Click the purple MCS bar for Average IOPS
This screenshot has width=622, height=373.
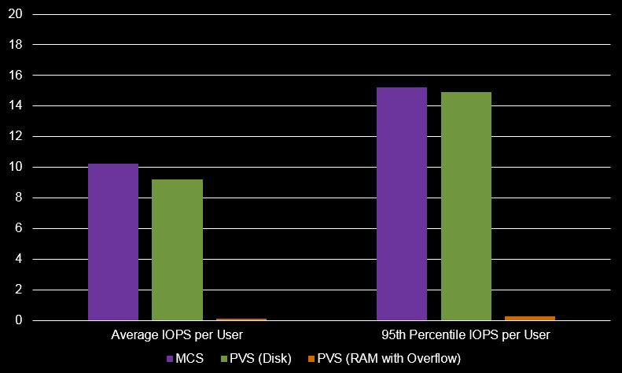coord(113,242)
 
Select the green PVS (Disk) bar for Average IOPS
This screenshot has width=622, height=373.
coord(177,249)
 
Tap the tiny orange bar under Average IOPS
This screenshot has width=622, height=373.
coord(241,319)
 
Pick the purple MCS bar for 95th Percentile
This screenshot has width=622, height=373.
coord(402,204)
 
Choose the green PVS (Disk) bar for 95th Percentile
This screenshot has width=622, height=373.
coord(466,206)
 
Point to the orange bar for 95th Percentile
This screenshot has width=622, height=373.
coord(530,318)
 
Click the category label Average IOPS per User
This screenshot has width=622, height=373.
coord(177,335)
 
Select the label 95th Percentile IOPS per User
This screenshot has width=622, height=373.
coord(466,335)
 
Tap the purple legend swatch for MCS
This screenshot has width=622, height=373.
coord(170,359)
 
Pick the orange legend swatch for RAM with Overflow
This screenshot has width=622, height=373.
coord(311,359)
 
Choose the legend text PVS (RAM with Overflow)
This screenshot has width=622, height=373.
coord(388,359)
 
